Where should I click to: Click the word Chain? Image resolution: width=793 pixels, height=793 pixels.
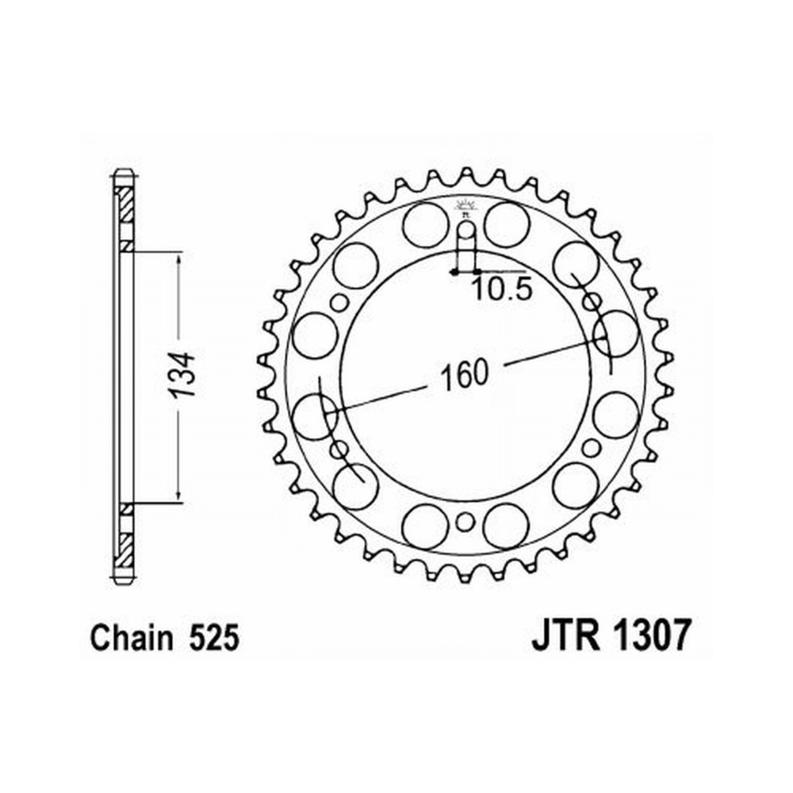(131, 638)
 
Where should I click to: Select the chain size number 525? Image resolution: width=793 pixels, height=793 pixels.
(213, 638)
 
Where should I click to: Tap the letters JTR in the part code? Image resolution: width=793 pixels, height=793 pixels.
(565, 636)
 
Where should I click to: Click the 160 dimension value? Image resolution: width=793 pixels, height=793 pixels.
(464, 376)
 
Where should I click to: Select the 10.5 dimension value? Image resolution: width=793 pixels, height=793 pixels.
(502, 290)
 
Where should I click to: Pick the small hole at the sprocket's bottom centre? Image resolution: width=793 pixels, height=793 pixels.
(465, 522)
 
